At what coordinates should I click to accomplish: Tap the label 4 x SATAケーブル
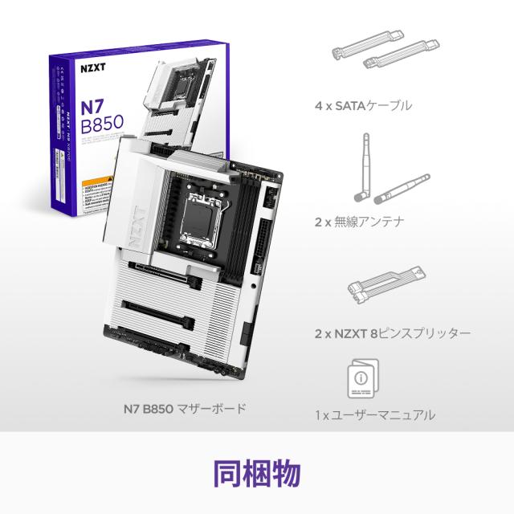point(363,105)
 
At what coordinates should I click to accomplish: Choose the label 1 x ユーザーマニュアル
point(374,415)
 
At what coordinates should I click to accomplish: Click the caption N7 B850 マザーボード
point(184,409)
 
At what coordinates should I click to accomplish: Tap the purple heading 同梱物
point(256,473)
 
